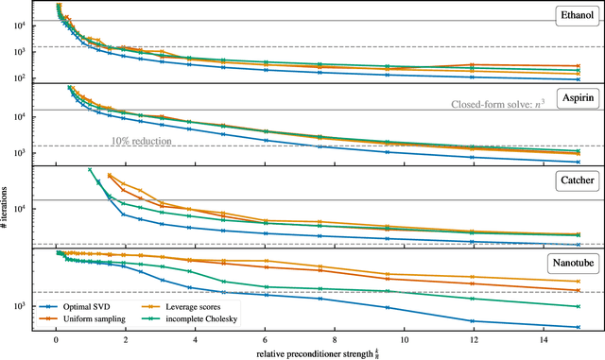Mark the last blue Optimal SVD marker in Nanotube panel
tap(579, 326)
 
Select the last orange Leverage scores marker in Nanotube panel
tap(579, 281)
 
